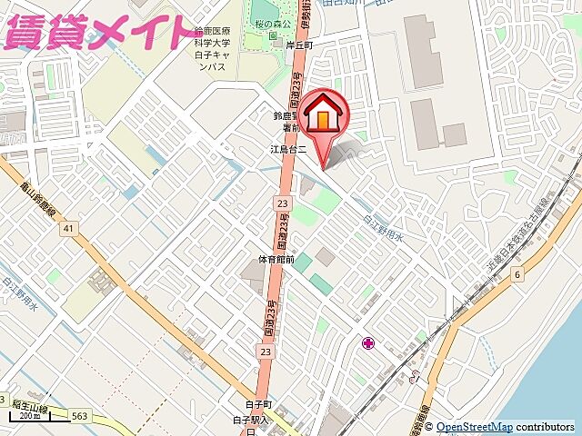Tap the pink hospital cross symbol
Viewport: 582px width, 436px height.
click(x=368, y=343)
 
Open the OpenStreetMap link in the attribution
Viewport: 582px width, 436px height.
click(x=473, y=427)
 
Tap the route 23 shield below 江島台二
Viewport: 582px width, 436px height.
click(x=283, y=203)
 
